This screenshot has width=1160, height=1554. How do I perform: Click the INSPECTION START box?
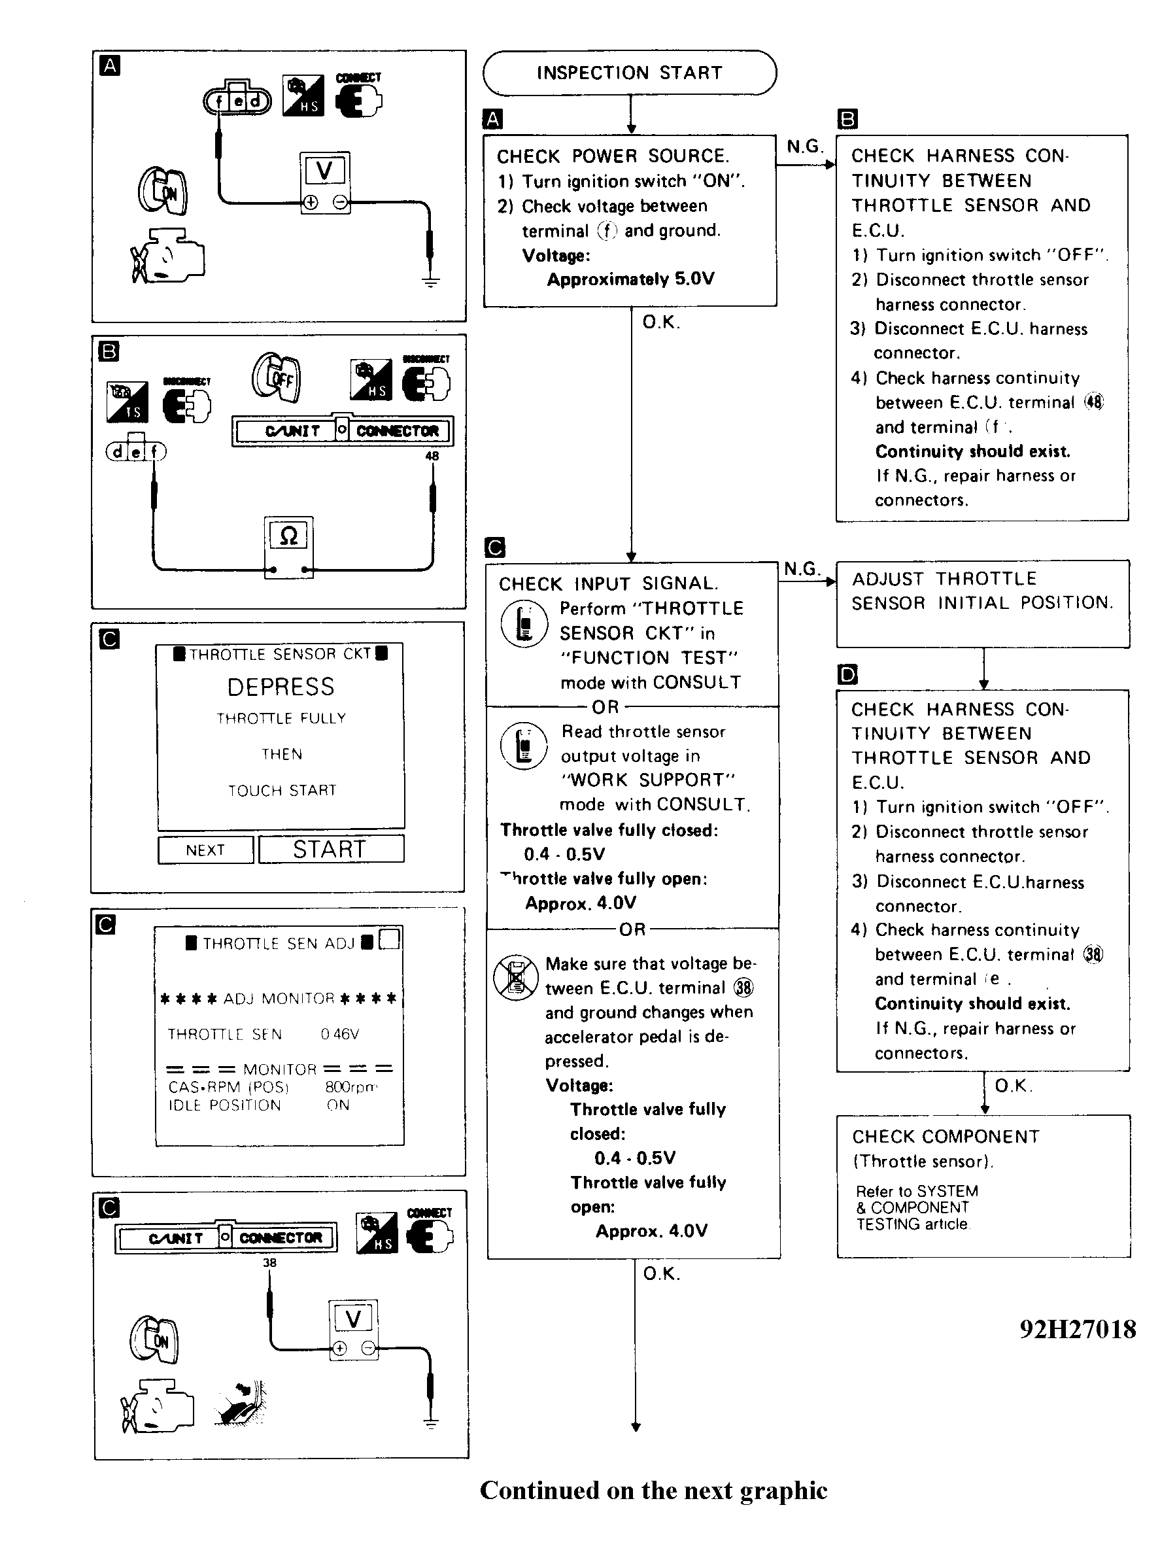[629, 73]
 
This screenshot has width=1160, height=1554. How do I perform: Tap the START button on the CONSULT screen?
[331, 849]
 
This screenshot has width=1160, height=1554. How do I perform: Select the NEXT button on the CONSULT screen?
[205, 850]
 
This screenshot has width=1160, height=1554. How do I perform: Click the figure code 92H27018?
[1077, 1329]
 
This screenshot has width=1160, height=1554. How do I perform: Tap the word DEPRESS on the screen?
[281, 687]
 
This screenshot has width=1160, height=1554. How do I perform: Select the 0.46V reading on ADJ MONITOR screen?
[340, 1034]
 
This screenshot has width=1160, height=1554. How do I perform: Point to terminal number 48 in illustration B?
[432, 456]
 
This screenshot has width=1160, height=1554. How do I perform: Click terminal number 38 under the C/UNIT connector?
[269, 1262]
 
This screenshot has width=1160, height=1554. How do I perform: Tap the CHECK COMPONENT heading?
[945, 1137]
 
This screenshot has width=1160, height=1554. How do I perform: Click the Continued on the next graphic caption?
[653, 1491]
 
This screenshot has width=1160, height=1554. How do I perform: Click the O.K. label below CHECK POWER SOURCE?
[660, 322]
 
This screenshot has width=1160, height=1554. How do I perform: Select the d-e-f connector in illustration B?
[136, 451]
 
